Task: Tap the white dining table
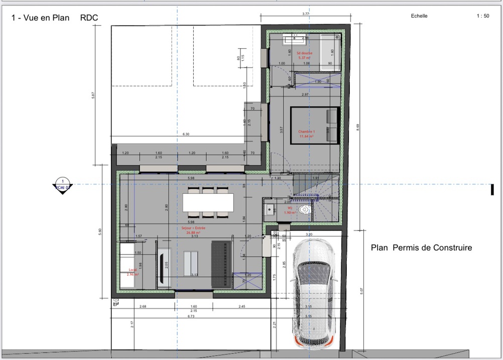[208, 202]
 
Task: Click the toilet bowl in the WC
[304, 209]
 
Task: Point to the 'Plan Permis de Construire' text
[421, 248]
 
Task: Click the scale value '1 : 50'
[482, 16]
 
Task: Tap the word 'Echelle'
[419, 16]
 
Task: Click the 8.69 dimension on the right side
[358, 128]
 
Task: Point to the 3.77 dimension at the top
[305, 14]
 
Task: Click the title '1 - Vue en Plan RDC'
[54, 18]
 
